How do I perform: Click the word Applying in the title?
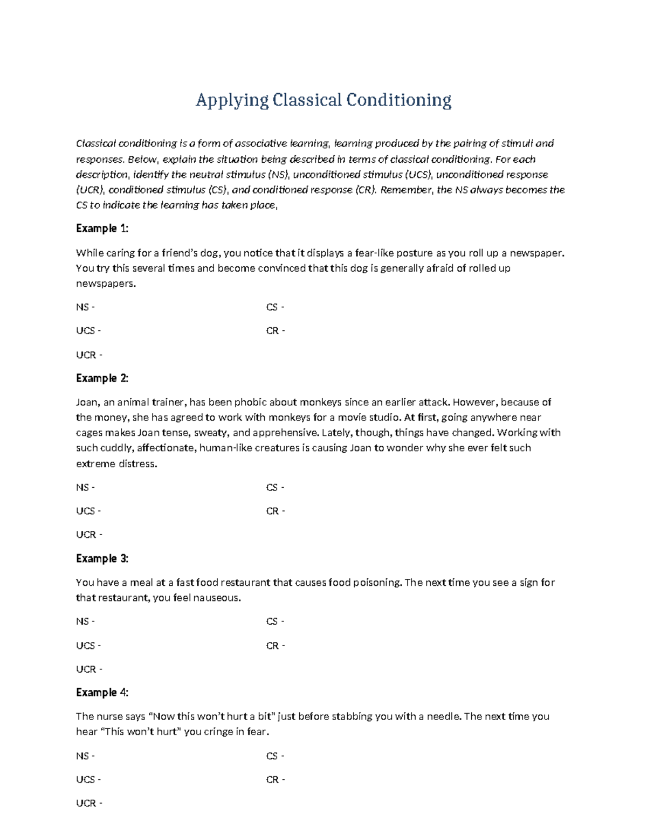tap(232, 100)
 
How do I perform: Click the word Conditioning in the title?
tap(398, 100)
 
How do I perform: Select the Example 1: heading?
tap(102, 229)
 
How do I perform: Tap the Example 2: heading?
tap(102, 378)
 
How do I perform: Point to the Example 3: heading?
tap(102, 558)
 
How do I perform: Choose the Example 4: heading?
tap(102, 692)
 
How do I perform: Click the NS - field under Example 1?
tap(85, 307)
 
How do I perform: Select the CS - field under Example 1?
tap(275, 307)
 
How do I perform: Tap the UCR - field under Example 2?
tap(89, 535)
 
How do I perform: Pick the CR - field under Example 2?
tap(275, 511)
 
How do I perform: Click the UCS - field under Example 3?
tap(88, 645)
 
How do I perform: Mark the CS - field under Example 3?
tap(275, 621)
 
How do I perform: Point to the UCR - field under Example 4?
tap(89, 803)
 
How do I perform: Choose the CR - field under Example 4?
tap(275, 779)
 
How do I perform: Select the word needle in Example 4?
tap(444, 716)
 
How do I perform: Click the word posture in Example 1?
tap(414, 253)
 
